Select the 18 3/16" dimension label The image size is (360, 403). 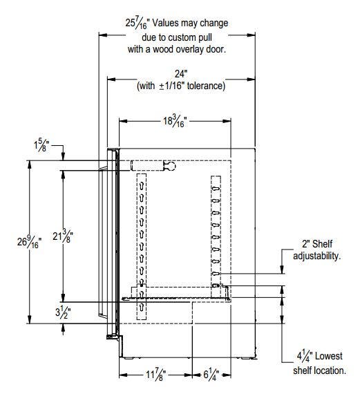click(175, 121)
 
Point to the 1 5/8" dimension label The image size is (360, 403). click(41, 145)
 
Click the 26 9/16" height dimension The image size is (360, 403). click(29, 242)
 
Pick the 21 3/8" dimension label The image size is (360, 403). click(63, 236)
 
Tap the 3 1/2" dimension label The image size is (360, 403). click(63, 312)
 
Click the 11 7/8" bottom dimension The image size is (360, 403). click(155, 375)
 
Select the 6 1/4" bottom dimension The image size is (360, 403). click(211, 374)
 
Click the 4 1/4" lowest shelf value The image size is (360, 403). click(305, 356)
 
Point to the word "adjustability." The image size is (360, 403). click(317, 256)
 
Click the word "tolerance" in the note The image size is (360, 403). click(206, 86)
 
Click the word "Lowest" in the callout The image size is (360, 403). click(329, 356)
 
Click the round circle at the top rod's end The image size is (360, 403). click(171, 167)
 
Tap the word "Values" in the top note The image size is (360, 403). click(166, 23)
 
